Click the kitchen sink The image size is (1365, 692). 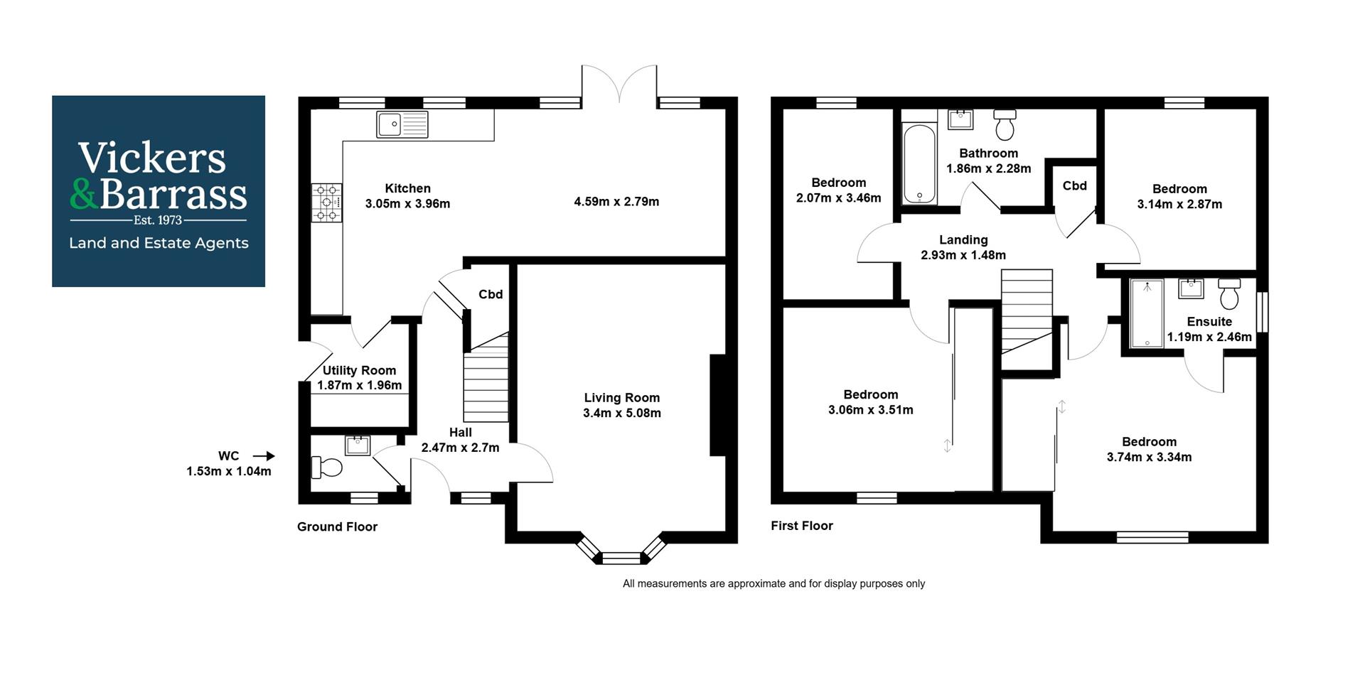pos(402,124)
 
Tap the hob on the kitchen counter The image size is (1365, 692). pos(326,202)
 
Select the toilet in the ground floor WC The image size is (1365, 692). pos(327,467)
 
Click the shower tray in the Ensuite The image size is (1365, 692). pos(1146,313)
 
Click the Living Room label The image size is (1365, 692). pos(621,398)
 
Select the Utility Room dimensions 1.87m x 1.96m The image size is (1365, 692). pos(359,385)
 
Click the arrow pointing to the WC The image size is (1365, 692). pos(264,456)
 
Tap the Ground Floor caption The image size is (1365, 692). pos(337,526)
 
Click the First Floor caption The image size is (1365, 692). pos(801,526)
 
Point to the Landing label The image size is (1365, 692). pos(963,240)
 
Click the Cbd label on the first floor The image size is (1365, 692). pos(1074,186)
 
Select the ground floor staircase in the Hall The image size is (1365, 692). pos(486,380)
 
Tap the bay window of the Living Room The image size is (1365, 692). pos(621,556)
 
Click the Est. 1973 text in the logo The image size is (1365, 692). pos(158,220)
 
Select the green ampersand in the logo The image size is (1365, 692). pos(84,193)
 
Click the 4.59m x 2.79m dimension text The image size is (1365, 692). pos(616,202)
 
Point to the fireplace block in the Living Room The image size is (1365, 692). pos(717,405)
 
